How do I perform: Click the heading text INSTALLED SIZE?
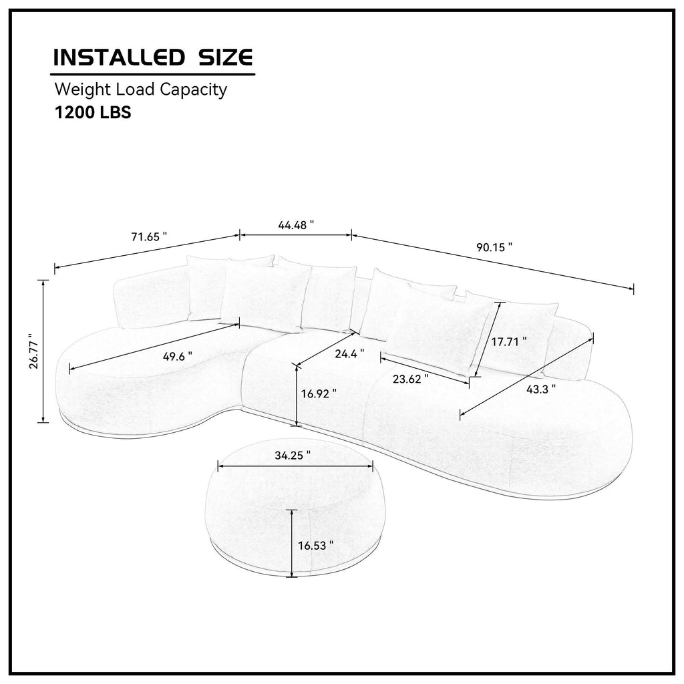153,57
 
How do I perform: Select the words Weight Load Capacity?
140,89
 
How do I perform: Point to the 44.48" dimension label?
296,225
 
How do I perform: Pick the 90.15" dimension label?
494,246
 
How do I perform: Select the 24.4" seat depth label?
350,352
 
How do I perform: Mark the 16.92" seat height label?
318,393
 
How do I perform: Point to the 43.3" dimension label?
541,389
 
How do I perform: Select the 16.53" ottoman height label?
315,545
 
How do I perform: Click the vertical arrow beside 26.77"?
44,351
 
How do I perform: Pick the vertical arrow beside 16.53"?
292,542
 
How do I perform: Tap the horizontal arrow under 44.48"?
296,235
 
